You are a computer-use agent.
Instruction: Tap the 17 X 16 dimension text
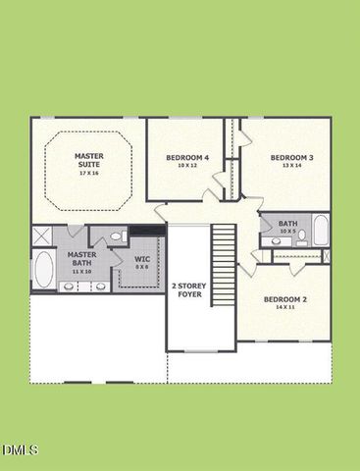click(x=88, y=173)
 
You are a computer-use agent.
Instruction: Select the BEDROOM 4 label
click(x=187, y=158)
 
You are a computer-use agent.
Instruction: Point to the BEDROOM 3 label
click(x=291, y=158)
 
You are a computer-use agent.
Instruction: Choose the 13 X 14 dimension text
click(x=291, y=167)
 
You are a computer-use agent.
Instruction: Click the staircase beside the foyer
click(x=226, y=265)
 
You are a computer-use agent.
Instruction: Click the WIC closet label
click(x=142, y=259)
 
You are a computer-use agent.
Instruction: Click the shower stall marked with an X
click(x=43, y=235)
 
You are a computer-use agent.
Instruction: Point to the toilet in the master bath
click(x=116, y=236)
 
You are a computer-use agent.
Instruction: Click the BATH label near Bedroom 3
click(x=287, y=224)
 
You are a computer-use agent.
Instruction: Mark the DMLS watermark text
click(x=20, y=449)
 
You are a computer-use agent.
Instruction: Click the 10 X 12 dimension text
click(x=187, y=167)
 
